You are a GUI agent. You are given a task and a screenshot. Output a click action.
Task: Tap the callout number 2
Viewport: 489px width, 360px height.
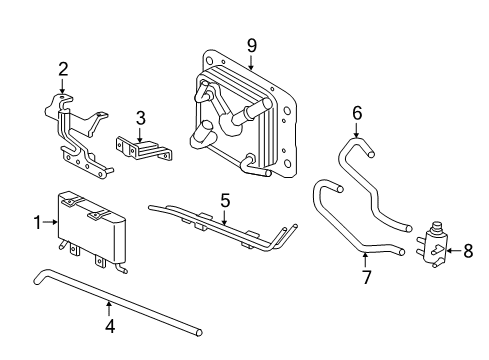pyautogui.click(x=63, y=69)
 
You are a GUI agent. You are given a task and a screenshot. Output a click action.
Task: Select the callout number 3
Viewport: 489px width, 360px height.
pyautogui.click(x=141, y=119)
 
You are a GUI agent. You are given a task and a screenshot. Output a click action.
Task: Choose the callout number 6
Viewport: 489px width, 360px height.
pyautogui.click(x=356, y=113)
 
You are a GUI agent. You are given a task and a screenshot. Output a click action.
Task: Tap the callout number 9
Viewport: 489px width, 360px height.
pyautogui.click(x=252, y=44)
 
